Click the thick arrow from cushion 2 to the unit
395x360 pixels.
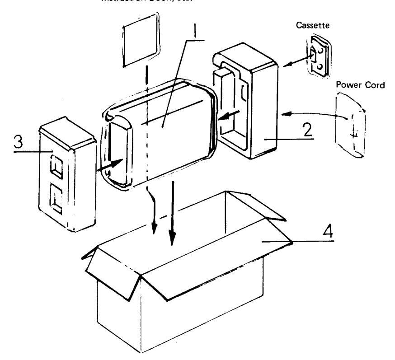(x=229, y=117)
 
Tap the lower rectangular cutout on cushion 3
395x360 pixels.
(x=59, y=199)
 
